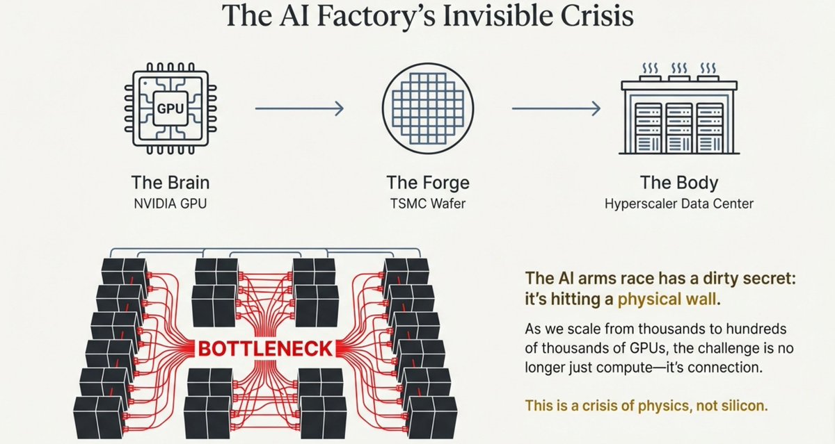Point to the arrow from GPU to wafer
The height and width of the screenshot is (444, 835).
299,108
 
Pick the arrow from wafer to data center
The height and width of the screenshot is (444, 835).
556,108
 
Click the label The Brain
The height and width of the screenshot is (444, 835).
170,183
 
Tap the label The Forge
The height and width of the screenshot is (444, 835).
428,183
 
